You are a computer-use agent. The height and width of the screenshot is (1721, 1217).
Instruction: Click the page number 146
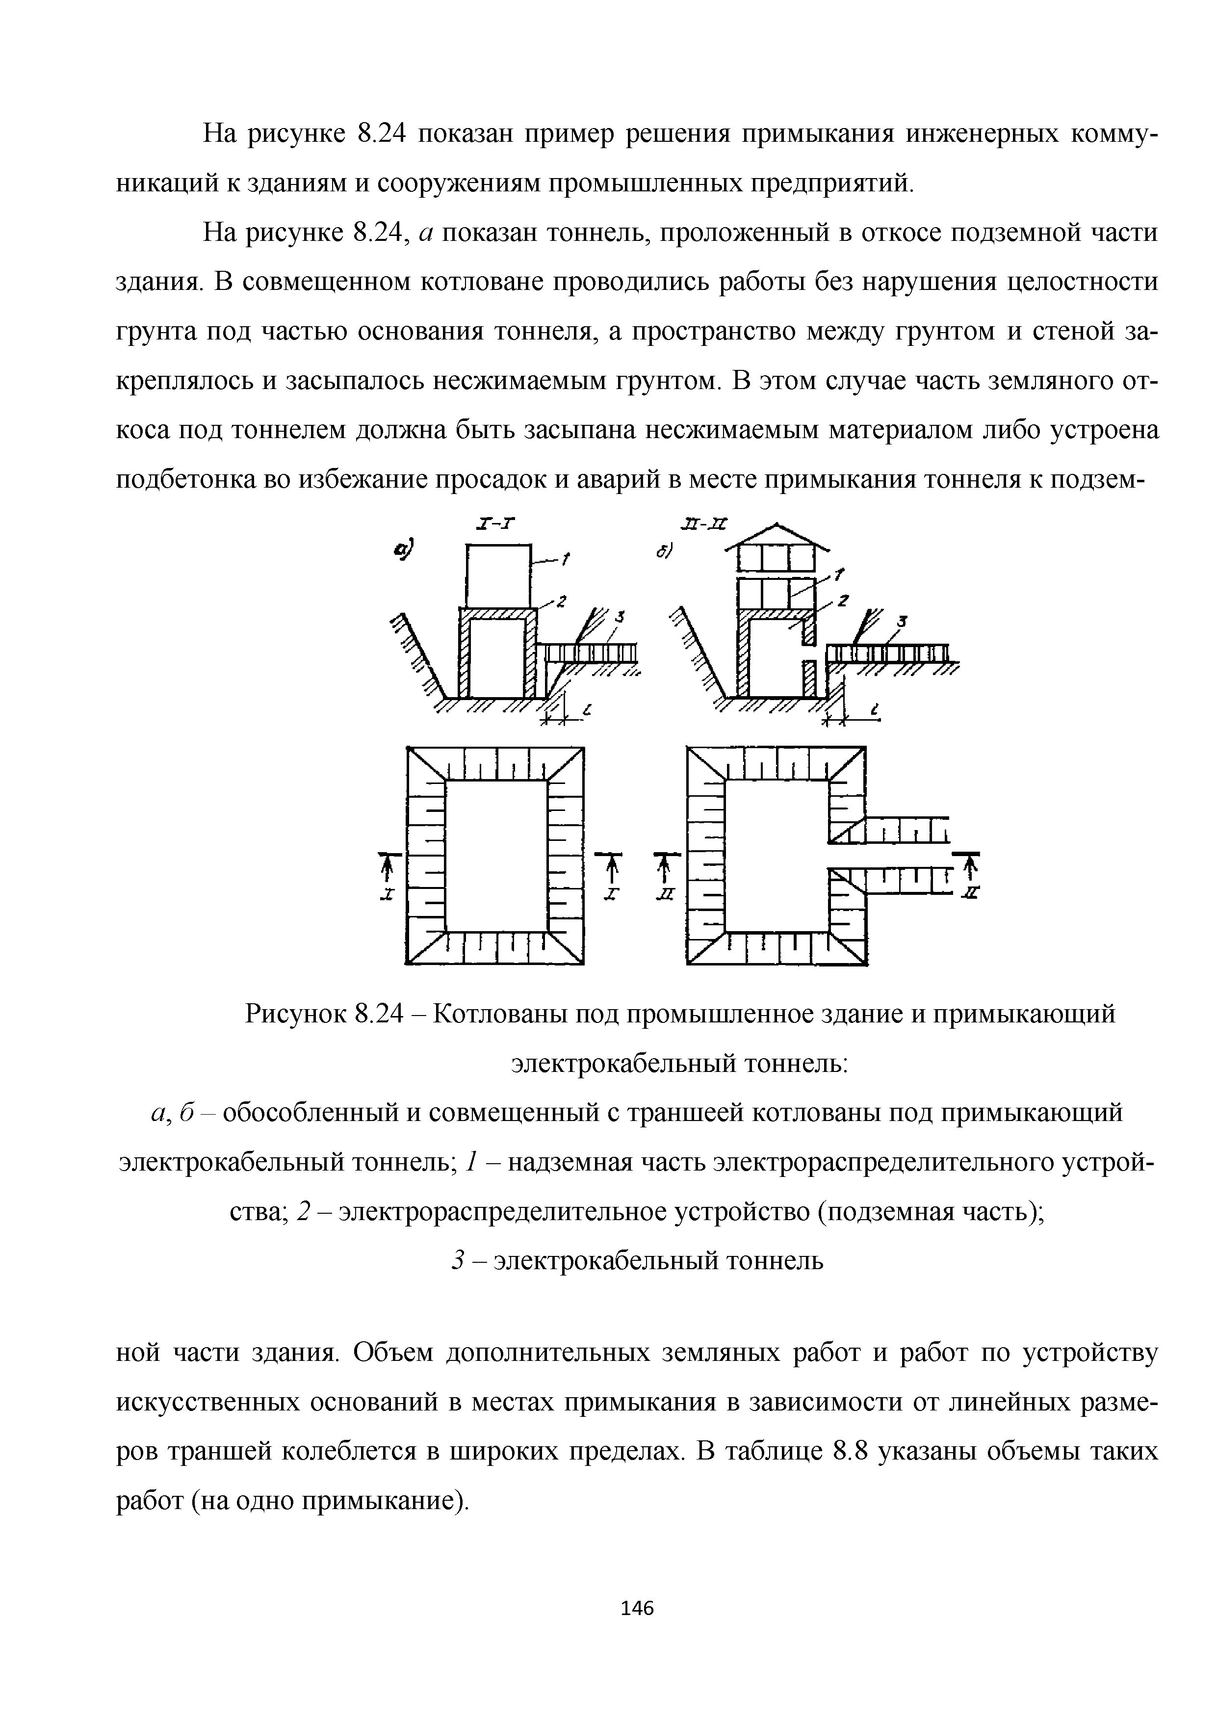[638, 1608]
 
